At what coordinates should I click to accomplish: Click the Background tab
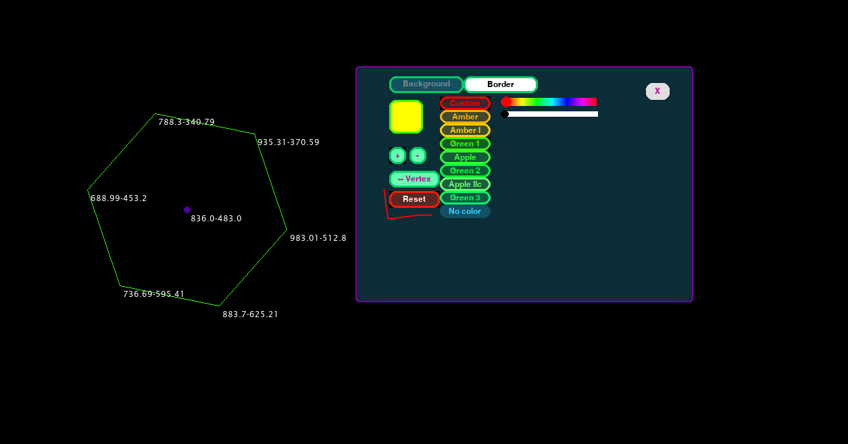click(x=426, y=84)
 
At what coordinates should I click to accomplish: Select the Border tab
click(x=501, y=84)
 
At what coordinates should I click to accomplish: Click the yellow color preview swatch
click(x=405, y=117)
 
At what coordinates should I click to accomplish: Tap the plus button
click(x=397, y=156)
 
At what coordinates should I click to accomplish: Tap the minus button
click(x=418, y=156)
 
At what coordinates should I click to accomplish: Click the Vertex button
click(x=414, y=179)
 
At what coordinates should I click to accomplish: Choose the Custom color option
click(x=465, y=103)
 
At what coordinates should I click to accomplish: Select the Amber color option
click(x=465, y=117)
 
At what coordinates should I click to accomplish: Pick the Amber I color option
click(x=465, y=130)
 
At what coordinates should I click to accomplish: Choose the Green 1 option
click(x=465, y=144)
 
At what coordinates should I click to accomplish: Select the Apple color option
click(x=465, y=157)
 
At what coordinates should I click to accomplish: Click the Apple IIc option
click(x=465, y=184)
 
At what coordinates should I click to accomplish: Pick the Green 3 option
click(x=465, y=198)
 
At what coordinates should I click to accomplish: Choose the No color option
click(x=465, y=211)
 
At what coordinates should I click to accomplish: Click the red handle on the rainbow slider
click(x=505, y=102)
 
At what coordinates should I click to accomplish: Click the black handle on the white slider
click(x=505, y=114)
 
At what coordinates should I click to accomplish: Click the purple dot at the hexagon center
click(x=187, y=210)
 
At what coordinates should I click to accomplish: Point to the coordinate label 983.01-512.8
click(x=318, y=238)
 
